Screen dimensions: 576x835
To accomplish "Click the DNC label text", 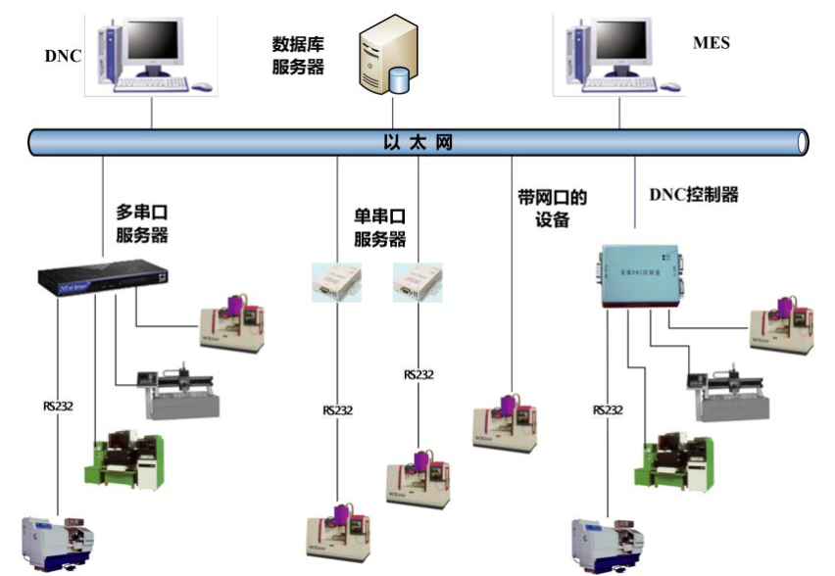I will [x=63, y=56].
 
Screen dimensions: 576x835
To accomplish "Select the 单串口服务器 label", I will [x=379, y=227].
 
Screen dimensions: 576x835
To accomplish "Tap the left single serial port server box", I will [x=336, y=282].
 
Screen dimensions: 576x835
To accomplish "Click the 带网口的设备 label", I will [x=553, y=208].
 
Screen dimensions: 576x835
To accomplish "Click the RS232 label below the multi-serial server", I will [x=58, y=406].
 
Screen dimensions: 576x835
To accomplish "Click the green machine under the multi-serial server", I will [x=127, y=457].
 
